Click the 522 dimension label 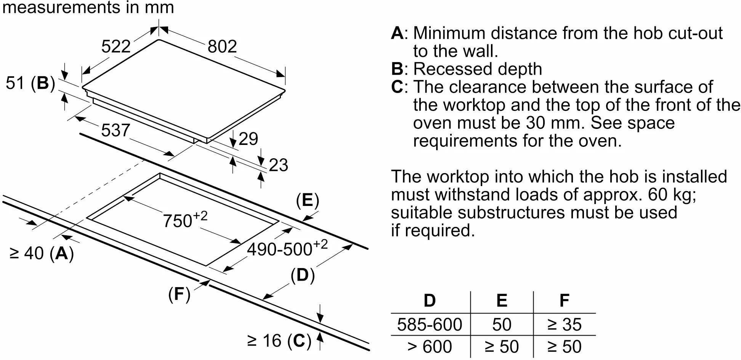116,47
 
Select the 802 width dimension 222,47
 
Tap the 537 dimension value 115,130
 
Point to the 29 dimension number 248,139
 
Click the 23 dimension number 278,165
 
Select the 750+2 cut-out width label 185,220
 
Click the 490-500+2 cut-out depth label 287,248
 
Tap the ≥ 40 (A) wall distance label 42,253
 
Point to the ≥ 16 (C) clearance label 279,341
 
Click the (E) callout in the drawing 307,201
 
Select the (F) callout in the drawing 179,294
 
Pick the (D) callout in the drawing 303,275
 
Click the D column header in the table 430,301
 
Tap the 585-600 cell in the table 430,325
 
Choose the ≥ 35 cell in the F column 564,325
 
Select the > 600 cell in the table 430,347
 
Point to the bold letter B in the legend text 397,69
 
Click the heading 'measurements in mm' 88,8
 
